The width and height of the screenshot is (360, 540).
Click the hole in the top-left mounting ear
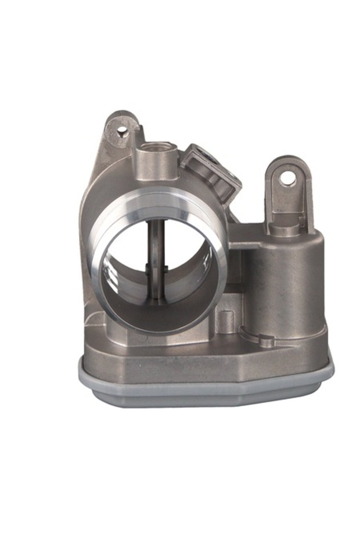coord(123,132)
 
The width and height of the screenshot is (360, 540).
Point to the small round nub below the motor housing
coord(266,341)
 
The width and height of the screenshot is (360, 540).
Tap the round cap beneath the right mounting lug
coord(285,229)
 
